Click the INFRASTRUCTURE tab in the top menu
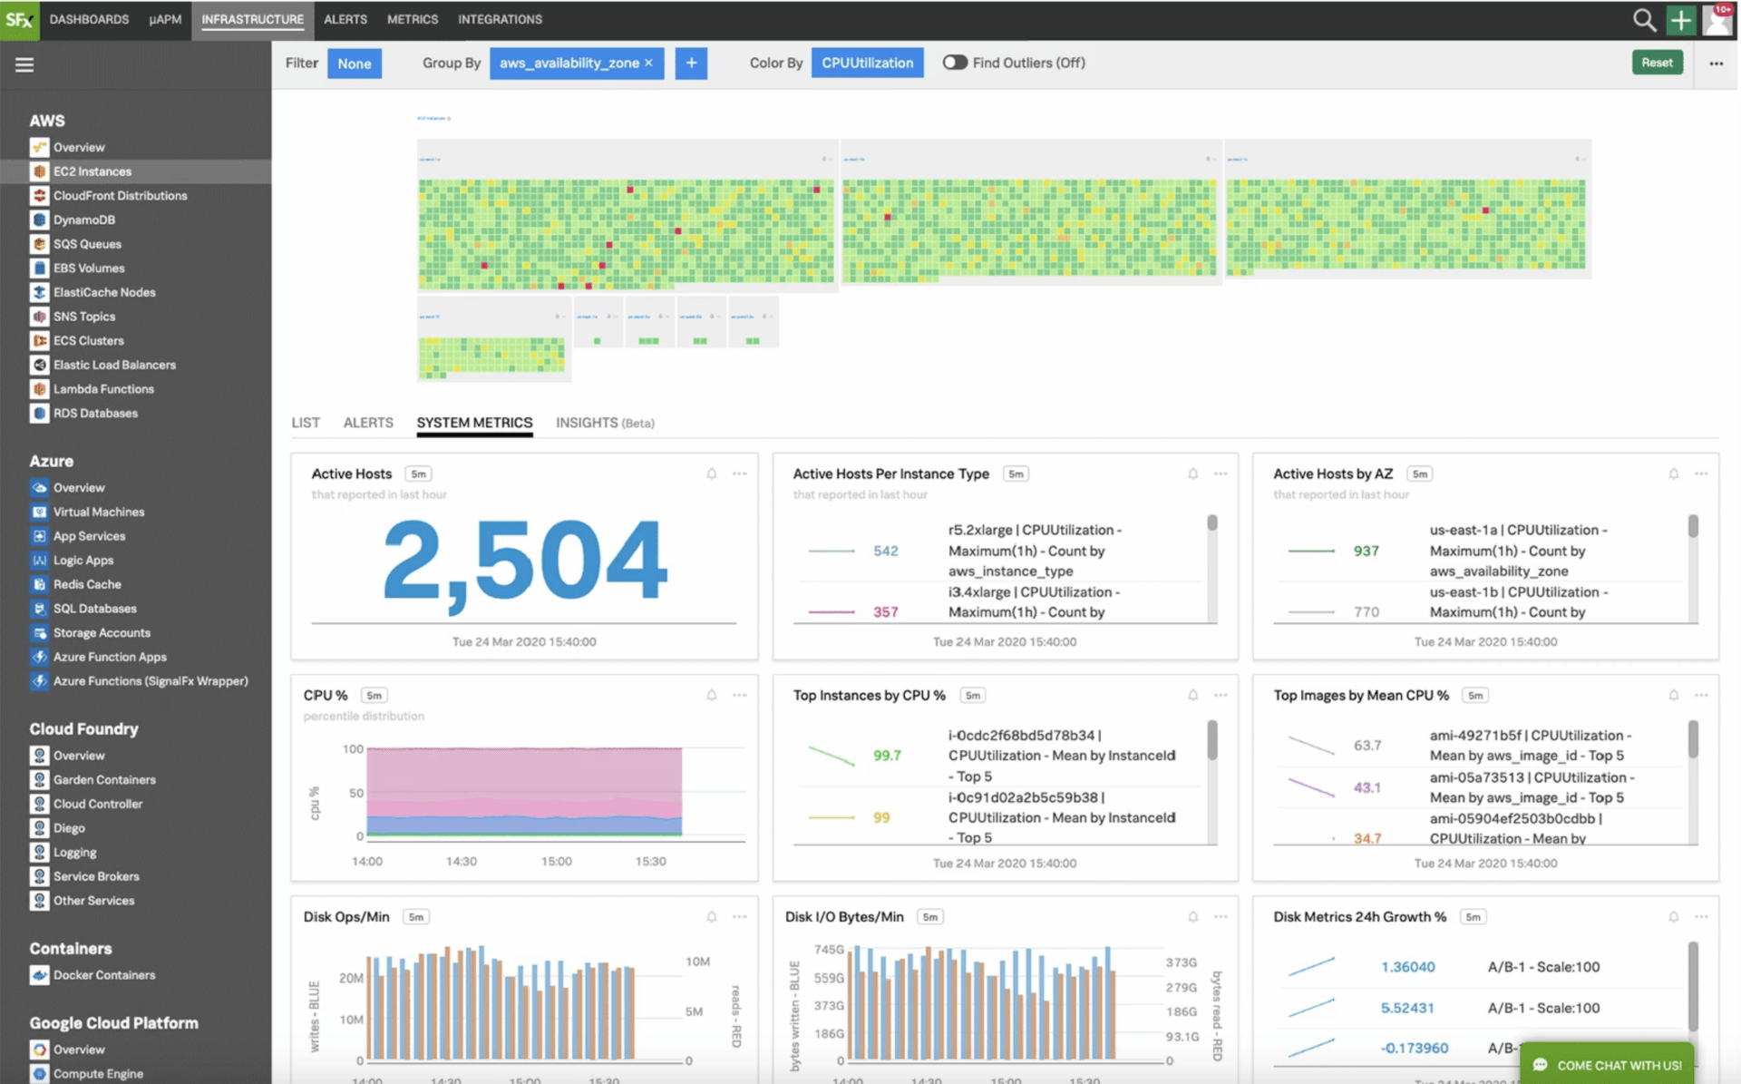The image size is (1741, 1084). click(x=252, y=19)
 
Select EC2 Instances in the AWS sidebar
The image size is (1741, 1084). click(x=92, y=171)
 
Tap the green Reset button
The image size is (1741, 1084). click(x=1656, y=63)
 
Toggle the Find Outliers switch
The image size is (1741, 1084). click(x=954, y=63)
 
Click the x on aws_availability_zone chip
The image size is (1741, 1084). click(x=648, y=63)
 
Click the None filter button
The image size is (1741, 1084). click(x=354, y=63)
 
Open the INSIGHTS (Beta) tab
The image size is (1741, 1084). click(x=605, y=423)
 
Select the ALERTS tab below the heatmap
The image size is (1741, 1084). click(x=368, y=423)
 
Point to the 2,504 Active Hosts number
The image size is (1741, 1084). click(x=524, y=560)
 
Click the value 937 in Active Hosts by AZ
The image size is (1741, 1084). click(x=1366, y=551)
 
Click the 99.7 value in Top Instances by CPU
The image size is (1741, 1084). click(x=887, y=756)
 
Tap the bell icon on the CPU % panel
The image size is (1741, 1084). click(x=712, y=696)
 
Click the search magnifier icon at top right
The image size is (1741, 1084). click(x=1643, y=20)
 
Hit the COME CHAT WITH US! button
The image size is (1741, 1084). click(x=1609, y=1065)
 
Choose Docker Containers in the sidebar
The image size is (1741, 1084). click(x=103, y=975)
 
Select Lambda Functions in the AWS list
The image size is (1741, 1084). click(x=103, y=389)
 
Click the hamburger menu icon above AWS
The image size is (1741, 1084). click(x=24, y=64)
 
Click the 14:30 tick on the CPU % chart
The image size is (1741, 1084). click(x=461, y=861)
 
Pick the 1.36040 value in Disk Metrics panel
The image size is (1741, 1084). click(x=1407, y=967)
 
